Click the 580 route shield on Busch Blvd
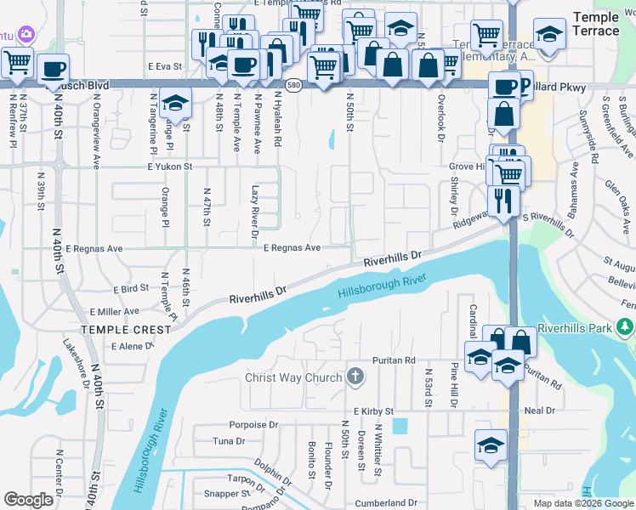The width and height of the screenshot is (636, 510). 293,86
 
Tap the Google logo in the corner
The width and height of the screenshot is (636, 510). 29,500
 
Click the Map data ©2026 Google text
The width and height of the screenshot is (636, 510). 582,503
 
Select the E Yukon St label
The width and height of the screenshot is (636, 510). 172,167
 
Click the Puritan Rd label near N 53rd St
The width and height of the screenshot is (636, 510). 397,360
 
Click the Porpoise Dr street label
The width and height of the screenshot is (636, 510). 253,424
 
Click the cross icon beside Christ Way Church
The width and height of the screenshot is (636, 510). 355,377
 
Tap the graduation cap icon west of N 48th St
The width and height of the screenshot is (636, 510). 175,102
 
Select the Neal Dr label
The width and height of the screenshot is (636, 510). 540,411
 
